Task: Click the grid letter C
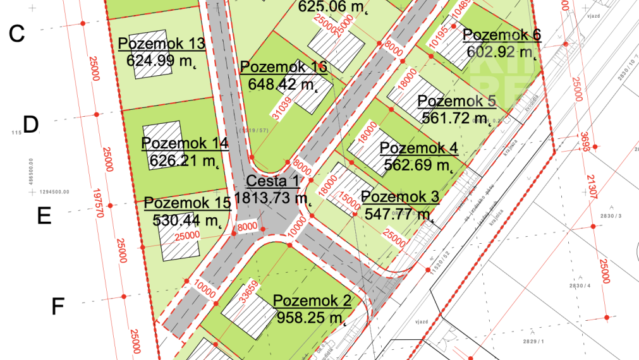click(x=17, y=33)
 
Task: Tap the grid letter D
click(x=31, y=124)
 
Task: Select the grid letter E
click(x=44, y=216)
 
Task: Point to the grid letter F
click(x=58, y=307)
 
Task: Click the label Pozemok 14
click(x=185, y=143)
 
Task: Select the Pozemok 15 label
click(x=187, y=203)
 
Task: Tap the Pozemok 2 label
click(x=312, y=301)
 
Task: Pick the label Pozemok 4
click(x=418, y=148)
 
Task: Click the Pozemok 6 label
click(x=501, y=35)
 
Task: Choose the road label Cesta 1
click(x=272, y=182)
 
